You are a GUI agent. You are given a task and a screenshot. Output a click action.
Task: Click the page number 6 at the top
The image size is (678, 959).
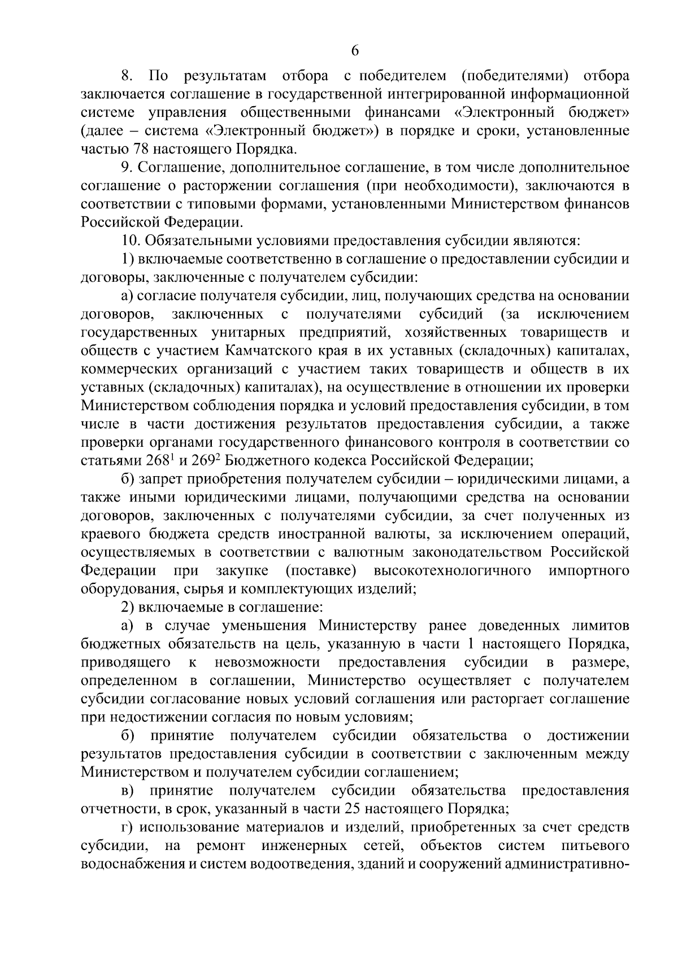[355, 51]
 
